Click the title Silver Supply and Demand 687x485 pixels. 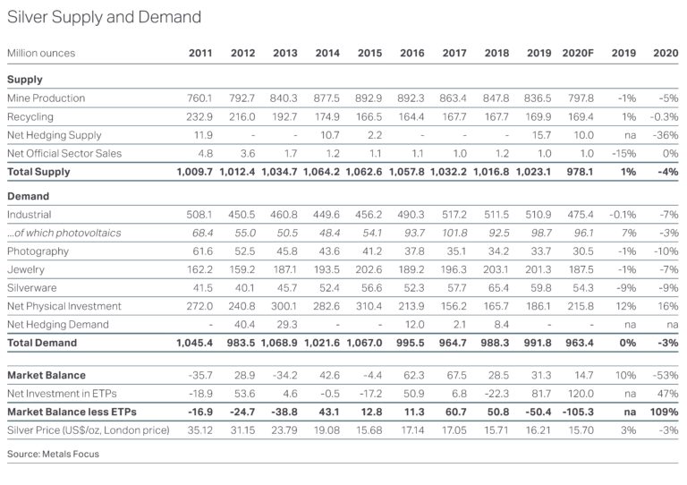105,17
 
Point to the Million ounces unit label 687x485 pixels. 41,53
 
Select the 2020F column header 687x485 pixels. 578,53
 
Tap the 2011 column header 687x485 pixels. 200,53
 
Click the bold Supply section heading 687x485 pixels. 25,80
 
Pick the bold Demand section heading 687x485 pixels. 28,196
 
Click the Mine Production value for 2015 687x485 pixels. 369,98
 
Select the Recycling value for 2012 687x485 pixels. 242,116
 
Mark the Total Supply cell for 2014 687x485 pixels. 322,172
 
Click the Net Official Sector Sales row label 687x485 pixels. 64,153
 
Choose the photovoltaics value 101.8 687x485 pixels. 454,233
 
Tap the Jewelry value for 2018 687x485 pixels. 496,269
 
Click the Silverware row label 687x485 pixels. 32,288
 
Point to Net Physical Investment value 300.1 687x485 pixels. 284,306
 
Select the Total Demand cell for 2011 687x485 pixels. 194,343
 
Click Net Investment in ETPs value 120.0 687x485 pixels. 581,394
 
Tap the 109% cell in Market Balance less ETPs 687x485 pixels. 665,412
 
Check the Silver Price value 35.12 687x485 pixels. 200,430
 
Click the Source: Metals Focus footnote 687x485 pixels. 53,454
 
